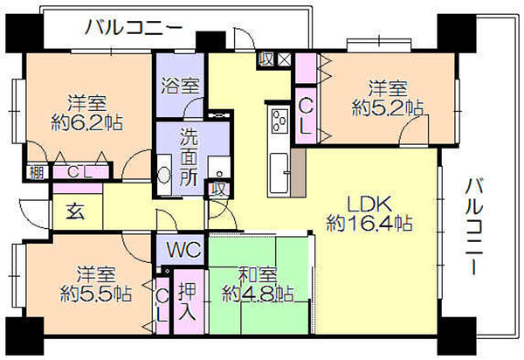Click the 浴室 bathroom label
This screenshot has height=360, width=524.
180,86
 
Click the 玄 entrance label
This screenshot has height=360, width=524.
76,211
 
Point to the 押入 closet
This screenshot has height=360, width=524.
188,301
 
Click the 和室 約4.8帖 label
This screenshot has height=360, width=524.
258,284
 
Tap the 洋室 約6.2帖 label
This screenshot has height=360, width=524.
86,113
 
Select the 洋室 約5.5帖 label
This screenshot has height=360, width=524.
96,284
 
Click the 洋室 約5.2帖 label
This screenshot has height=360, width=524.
388,98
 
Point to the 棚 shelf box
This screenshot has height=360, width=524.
36,172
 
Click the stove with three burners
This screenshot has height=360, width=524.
280,121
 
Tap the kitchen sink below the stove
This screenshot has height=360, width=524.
279,173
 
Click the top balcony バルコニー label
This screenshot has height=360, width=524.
134,27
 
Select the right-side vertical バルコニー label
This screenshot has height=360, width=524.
475,226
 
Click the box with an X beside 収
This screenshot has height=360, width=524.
285,59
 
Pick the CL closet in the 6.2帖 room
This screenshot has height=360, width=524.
79,172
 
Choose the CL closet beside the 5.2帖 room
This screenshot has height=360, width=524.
306,117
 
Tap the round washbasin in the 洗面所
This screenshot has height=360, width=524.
164,175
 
